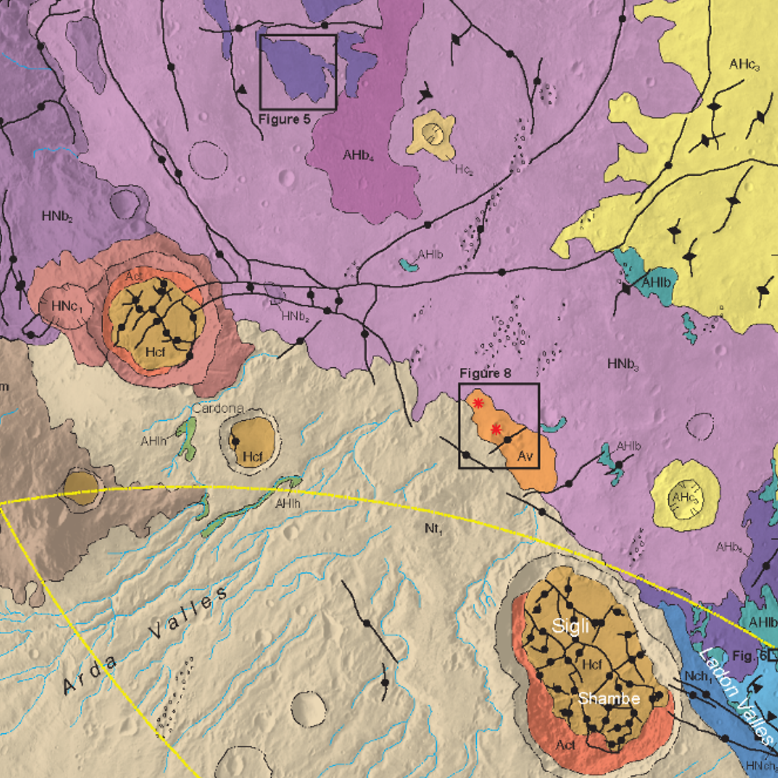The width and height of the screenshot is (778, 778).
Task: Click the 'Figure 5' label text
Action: tap(284, 119)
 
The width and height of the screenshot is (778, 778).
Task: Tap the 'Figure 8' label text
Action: tap(485, 373)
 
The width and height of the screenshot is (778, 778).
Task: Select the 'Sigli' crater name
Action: tap(570, 625)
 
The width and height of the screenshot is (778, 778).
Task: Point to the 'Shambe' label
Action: tap(609, 698)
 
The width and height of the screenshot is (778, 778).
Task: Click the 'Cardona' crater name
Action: tap(218, 408)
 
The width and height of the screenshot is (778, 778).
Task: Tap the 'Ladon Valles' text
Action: tap(737, 695)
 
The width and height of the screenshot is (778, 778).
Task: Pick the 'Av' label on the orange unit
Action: tap(525, 456)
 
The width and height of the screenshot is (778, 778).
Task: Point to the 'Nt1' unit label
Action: tap(433, 529)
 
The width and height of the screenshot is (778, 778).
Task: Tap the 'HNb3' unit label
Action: tap(623, 365)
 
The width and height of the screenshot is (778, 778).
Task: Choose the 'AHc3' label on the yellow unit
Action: tap(744, 64)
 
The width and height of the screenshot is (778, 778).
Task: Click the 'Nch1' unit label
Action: tap(698, 676)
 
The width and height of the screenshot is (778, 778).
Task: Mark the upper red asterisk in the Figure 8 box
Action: tap(478, 403)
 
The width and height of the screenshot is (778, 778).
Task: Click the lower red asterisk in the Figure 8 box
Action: tap(496, 429)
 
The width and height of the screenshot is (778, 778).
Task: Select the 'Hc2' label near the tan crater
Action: tap(464, 170)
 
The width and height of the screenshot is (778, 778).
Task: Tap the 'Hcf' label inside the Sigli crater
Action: tap(592, 665)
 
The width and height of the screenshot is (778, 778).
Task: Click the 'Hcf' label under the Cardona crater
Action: tap(252, 456)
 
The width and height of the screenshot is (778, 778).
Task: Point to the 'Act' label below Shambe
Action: tap(566, 745)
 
